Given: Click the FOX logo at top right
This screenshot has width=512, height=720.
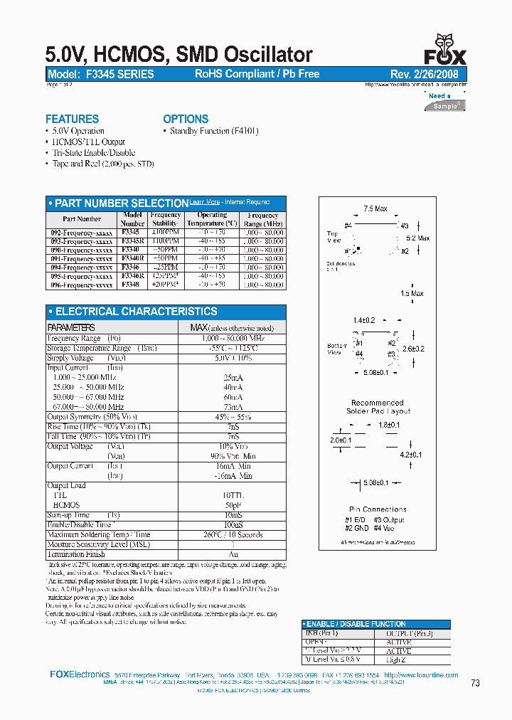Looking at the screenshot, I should (x=445, y=51).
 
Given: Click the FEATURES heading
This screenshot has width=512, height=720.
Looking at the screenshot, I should (x=72, y=119).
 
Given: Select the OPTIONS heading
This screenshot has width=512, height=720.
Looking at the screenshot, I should (x=186, y=119).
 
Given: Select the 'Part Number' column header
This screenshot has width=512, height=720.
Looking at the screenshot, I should (x=82, y=219).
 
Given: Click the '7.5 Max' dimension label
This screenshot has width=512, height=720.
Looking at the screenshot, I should (x=375, y=209).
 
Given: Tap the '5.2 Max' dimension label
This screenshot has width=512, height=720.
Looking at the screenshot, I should (x=417, y=238).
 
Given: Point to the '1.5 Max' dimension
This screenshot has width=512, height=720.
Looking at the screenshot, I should (x=412, y=293).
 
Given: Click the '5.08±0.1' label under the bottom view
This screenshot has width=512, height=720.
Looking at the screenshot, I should (x=375, y=371).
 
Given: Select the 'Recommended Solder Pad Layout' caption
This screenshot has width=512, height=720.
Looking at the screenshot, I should (x=378, y=407).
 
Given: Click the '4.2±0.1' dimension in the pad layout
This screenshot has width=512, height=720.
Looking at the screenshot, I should (x=411, y=454).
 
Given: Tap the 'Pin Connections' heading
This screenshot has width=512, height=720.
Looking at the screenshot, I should (x=378, y=509).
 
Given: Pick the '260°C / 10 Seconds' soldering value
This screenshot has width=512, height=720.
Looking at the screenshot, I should (x=232, y=534).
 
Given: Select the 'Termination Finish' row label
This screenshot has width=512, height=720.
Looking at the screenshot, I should (x=76, y=554).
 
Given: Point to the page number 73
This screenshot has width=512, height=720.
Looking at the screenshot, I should (x=476, y=683).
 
